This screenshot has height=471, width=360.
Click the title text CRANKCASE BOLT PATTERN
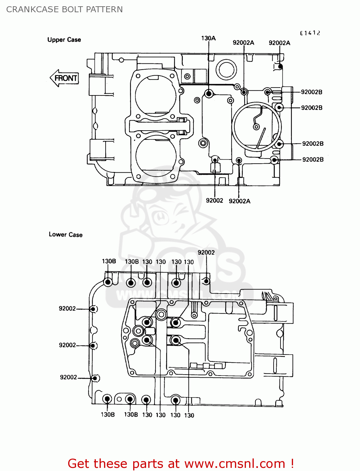coord(64,9)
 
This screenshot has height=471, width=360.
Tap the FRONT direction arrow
coord(64,78)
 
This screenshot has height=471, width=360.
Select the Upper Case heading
coord(64,40)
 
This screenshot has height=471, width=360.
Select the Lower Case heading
coord(66,235)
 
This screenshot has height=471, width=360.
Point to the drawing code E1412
coord(310,33)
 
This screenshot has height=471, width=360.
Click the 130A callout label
coord(208,38)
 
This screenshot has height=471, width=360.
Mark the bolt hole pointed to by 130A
coord(209,94)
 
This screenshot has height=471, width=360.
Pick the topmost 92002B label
coord(311,92)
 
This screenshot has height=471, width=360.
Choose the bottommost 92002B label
coord(313,160)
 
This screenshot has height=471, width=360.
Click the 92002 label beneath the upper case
coord(214,201)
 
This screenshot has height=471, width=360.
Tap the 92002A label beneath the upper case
coord(239,201)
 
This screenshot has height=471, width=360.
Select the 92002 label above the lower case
coord(206,252)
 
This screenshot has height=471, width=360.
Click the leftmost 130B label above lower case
coord(109,261)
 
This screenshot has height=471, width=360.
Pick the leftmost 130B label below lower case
coord(108,415)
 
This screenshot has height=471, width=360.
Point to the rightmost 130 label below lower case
coord(189,415)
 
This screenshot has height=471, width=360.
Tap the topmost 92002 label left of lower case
coord(67,309)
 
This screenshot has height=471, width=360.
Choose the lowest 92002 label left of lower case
coord(68,377)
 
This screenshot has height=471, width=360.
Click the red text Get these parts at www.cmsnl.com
coord(181,463)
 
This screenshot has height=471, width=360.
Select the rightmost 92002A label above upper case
coord(279,43)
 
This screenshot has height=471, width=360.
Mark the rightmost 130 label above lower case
coord(189,262)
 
